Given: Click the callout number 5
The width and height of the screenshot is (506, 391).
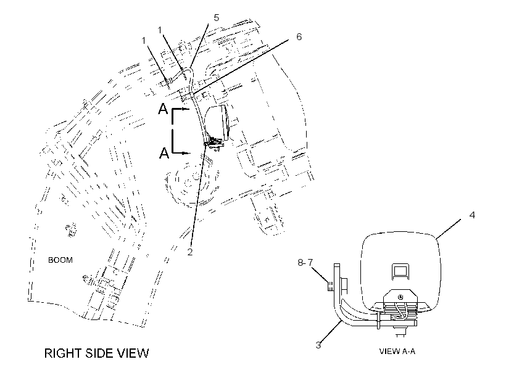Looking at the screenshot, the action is point(216,18).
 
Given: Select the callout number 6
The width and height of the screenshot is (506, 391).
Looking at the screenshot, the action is point(299,37).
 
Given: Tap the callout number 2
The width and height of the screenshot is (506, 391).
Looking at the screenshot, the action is point(190,252).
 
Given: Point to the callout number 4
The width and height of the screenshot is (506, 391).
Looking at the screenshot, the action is point(472,215).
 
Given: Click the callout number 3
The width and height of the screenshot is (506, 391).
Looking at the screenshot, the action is point(318,345).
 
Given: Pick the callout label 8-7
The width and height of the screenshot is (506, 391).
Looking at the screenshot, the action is point(305,263).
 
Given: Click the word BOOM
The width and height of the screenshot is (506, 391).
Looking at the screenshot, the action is point(60,260).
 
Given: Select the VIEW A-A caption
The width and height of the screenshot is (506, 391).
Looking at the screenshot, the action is point(397,352).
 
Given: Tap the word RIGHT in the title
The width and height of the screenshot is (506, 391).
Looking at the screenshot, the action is point(62,353).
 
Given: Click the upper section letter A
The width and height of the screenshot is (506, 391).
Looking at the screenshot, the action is point(164,109).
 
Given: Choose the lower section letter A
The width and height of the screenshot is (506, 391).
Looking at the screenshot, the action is point(164,152).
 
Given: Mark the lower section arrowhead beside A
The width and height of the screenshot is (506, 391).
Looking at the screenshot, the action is point(186,153).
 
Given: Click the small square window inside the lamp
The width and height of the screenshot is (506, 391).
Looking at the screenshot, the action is point(400,270).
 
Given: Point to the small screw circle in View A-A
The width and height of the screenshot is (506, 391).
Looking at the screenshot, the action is point(400,297).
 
